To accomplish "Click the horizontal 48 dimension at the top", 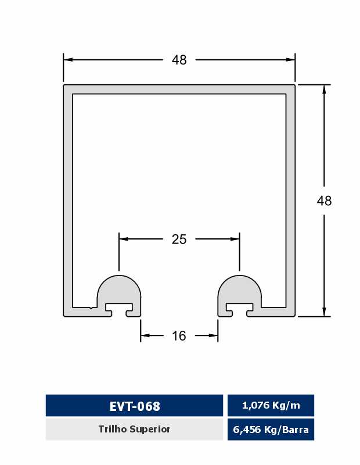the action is tap(179, 60).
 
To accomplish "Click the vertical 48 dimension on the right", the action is tap(324, 201).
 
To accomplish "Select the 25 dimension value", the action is tap(179, 239).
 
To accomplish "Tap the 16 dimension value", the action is tap(179, 336).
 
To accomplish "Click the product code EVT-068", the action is tap(135, 406).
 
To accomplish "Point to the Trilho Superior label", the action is tap(134, 429).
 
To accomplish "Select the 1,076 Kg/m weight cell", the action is tap(271, 405).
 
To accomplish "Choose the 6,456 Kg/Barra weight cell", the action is tap(271, 430).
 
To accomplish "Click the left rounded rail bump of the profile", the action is tap(119, 289).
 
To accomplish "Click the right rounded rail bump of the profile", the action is tap(239, 289).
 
